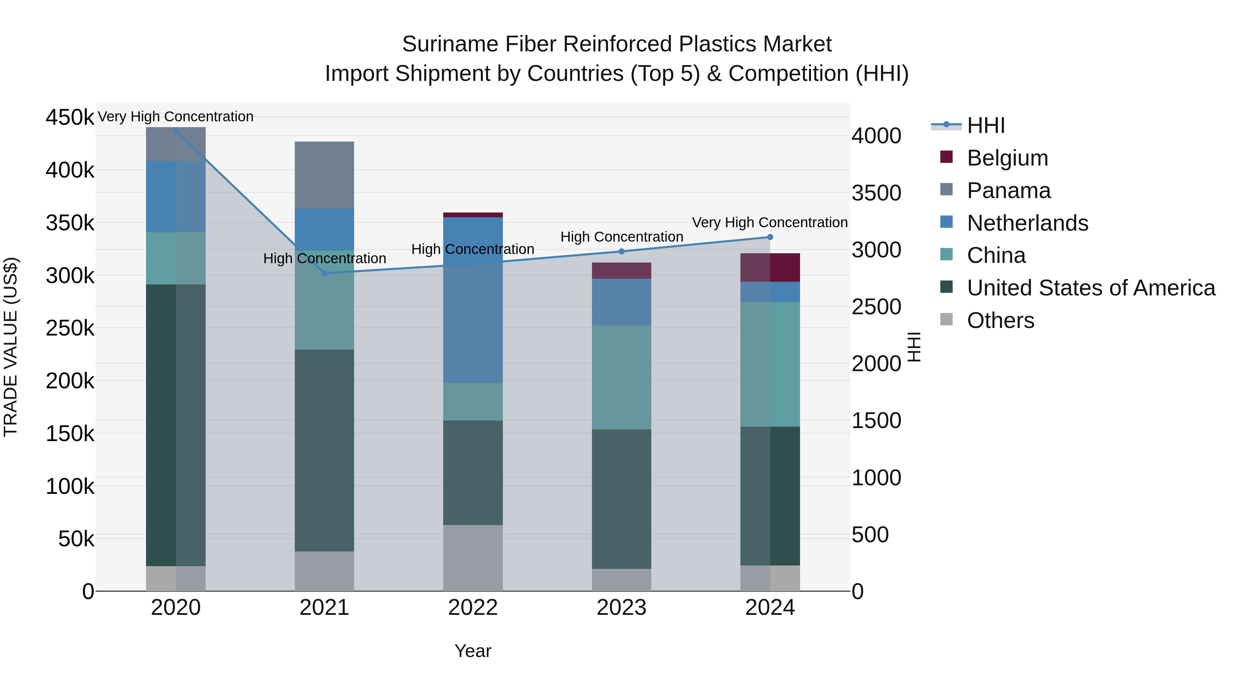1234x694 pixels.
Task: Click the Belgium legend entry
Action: pyautogui.click(x=1007, y=158)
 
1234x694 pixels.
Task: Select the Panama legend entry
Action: pyautogui.click(x=1008, y=191)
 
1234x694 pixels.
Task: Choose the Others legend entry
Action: pyautogui.click(x=1000, y=320)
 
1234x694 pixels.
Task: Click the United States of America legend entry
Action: pyautogui.click(x=1091, y=288)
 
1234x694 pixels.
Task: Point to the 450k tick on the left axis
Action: pyautogui.click(x=70, y=117)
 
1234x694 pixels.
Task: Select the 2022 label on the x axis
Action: pyautogui.click(x=473, y=608)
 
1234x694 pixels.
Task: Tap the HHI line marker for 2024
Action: pyautogui.click(x=770, y=237)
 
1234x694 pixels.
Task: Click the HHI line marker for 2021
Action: pyautogui.click(x=324, y=273)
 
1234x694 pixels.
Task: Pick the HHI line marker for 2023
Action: pyautogui.click(x=621, y=252)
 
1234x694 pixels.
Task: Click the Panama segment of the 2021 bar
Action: pyautogui.click(x=324, y=175)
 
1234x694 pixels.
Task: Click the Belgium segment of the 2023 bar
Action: pyautogui.click(x=621, y=271)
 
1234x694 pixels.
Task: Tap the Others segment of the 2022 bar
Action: pyautogui.click(x=473, y=558)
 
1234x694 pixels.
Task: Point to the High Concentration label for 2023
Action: pyautogui.click(x=621, y=236)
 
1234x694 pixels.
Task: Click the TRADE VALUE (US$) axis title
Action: pyautogui.click(x=11, y=347)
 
